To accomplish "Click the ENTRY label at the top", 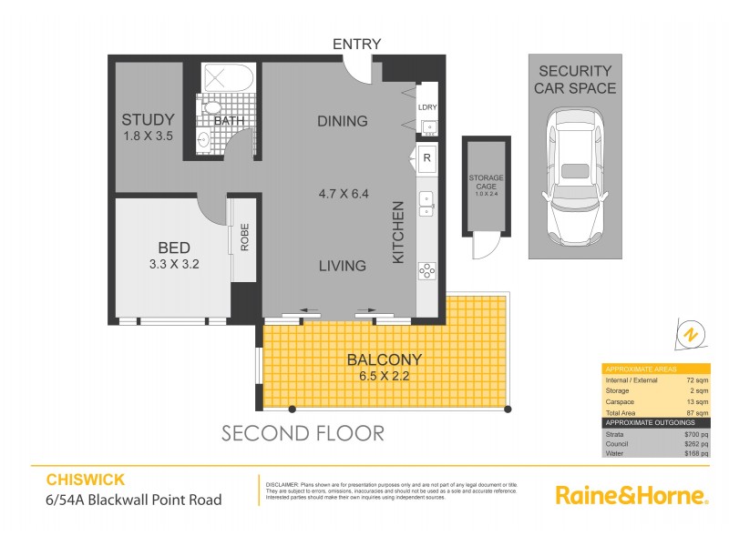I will (356, 44).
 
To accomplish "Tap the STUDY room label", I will (148, 120).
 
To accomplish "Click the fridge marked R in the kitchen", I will (426, 158).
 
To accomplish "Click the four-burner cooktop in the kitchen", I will (426, 269).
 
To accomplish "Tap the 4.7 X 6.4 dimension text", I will (343, 194).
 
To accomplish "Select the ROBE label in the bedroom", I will (244, 238).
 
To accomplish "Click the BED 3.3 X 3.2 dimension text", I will (173, 266).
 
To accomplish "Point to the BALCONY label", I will (385, 359).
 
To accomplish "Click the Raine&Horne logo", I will (631, 495).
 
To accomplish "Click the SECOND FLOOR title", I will (303, 433).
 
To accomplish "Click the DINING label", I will (342, 121).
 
